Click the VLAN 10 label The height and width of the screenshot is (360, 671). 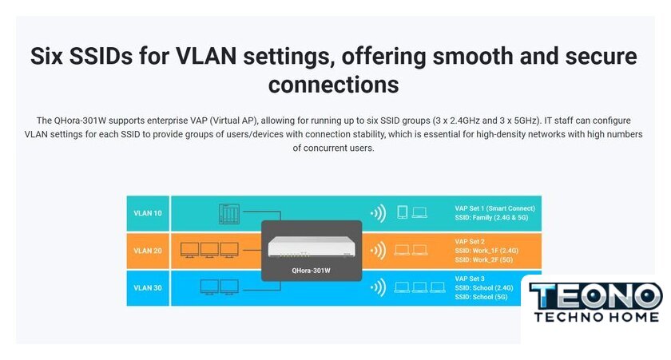click(148, 213)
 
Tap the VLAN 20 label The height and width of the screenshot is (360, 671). click(148, 251)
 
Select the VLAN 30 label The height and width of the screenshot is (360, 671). click(148, 287)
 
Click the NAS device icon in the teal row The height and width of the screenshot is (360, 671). click(229, 214)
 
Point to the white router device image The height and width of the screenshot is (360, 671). click(312, 247)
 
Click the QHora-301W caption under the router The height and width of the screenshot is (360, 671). click(311, 271)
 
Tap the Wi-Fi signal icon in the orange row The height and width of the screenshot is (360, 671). click(379, 251)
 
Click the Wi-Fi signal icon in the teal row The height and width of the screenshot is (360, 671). click(379, 213)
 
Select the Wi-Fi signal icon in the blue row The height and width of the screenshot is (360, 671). click(379, 287)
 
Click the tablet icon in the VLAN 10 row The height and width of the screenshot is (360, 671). click(403, 212)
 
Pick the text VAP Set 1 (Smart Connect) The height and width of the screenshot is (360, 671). click(494, 208)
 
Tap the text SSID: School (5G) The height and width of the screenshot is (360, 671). click(481, 297)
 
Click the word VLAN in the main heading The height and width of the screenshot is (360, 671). click(206, 56)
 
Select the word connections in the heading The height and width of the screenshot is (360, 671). click(334, 85)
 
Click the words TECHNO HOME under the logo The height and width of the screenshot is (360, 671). click(597, 317)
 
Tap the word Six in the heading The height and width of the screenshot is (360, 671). click(46, 56)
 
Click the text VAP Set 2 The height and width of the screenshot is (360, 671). click(470, 242)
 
